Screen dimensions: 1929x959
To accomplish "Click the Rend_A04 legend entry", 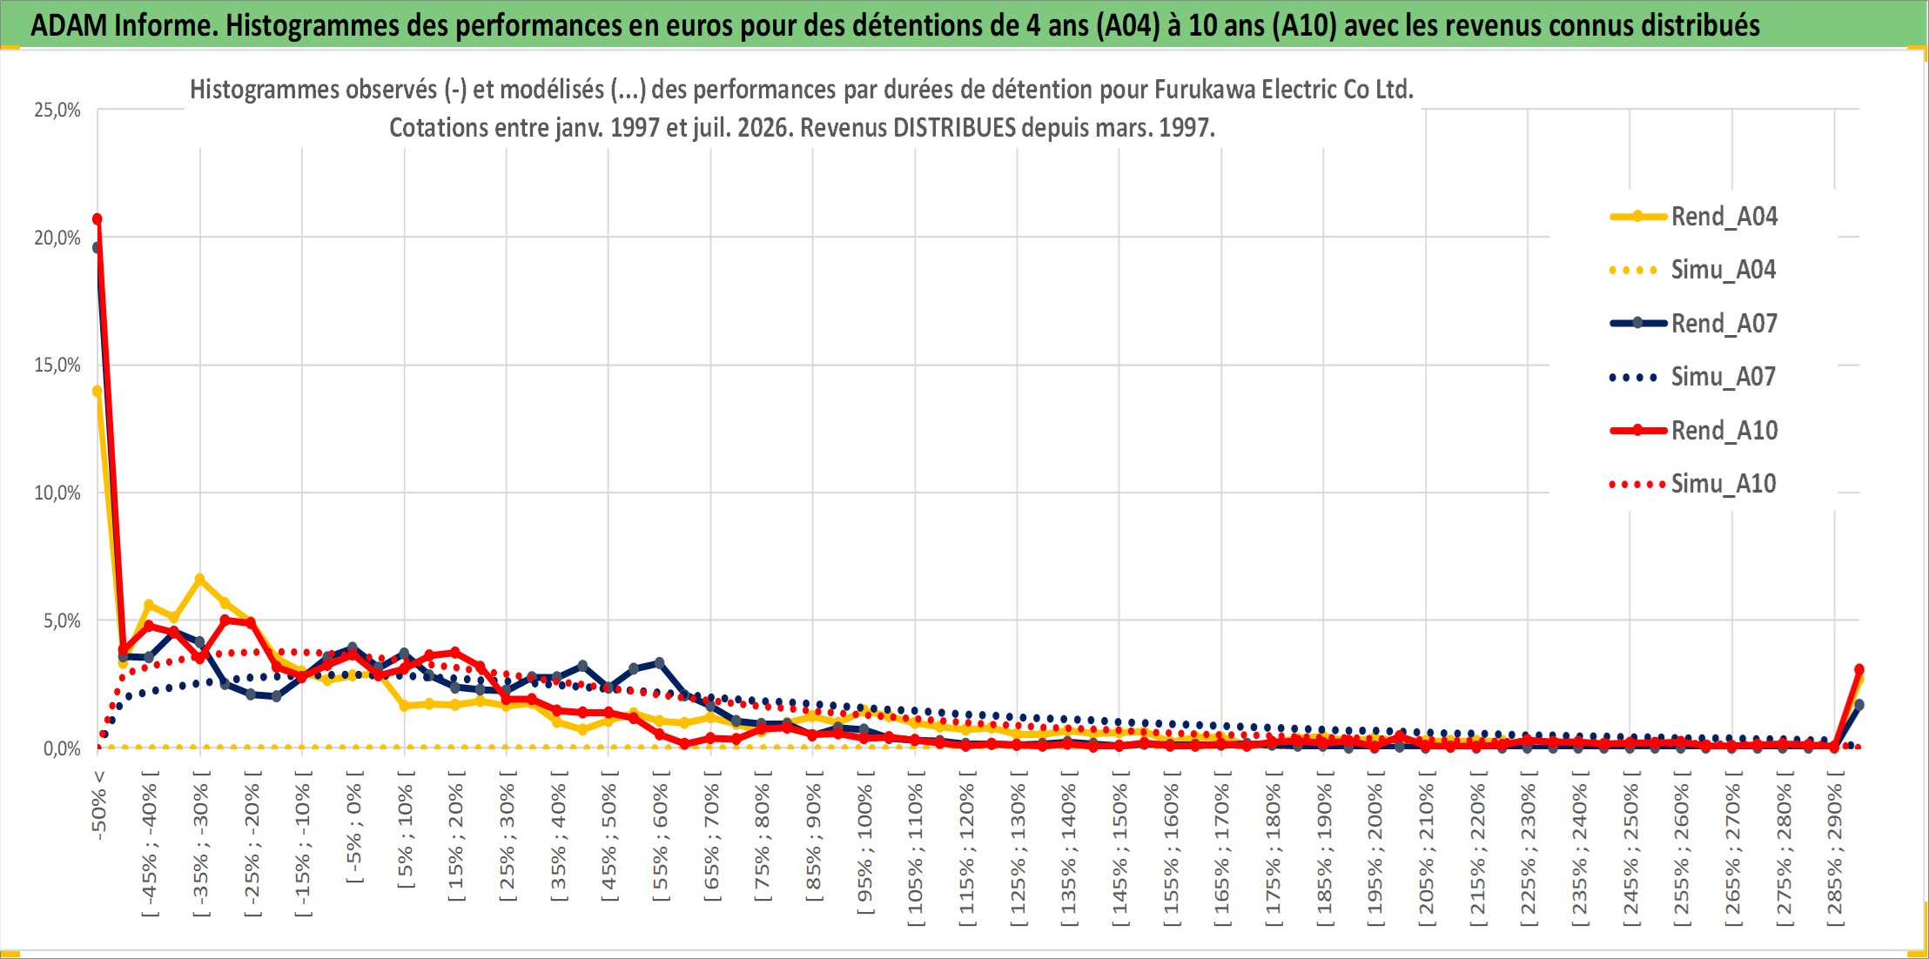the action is coord(1694,216).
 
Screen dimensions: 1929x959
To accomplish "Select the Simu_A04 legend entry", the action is coord(1693,270).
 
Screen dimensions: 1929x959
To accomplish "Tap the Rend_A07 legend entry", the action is coord(1694,323).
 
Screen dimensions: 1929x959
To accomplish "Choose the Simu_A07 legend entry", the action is coord(1693,377).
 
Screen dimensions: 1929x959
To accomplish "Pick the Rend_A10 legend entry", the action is coord(1694,430).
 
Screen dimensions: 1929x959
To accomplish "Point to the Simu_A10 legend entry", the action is coord(1693,483).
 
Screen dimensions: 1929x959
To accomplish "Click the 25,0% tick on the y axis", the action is coord(57,110).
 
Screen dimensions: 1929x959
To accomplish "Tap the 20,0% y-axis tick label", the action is coord(57,238).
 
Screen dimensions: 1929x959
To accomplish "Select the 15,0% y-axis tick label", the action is coord(57,365).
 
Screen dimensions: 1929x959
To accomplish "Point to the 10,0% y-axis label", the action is coord(57,493).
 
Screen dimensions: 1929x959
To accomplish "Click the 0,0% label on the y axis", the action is coord(62,748).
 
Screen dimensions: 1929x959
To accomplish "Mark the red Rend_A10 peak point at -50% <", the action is coord(97,218).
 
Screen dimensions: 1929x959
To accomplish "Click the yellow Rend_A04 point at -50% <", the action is coord(97,392).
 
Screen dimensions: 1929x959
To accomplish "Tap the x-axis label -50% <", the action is coord(98,805).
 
